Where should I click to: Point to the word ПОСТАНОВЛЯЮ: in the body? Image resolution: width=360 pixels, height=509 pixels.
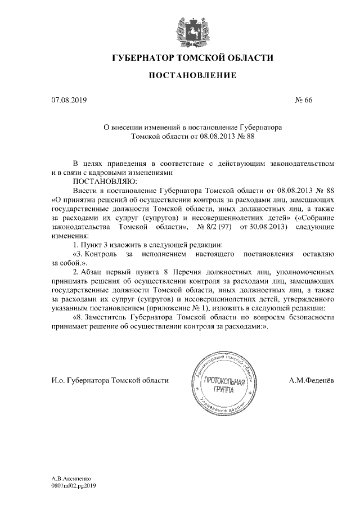pyautogui.click(x=101, y=182)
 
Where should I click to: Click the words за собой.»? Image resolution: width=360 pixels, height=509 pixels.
pyautogui.click(x=68, y=263)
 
